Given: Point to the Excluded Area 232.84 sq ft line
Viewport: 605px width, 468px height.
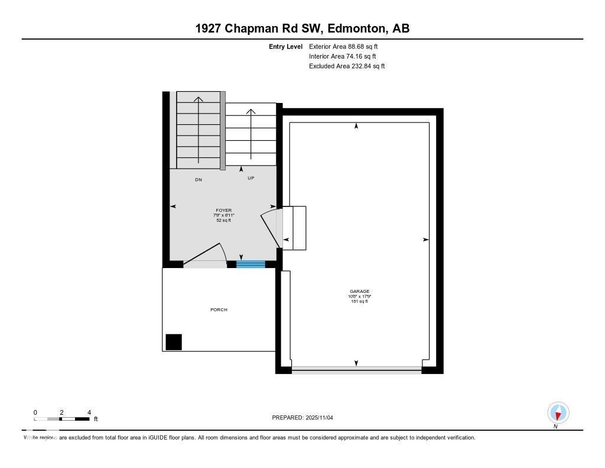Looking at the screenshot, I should [346, 66].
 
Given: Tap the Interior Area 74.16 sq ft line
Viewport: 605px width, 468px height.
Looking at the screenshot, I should [342, 56].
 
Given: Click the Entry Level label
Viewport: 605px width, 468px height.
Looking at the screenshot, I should [285, 46].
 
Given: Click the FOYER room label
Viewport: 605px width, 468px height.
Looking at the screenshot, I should [224, 210].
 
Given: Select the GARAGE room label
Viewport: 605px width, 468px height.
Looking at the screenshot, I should [359, 291].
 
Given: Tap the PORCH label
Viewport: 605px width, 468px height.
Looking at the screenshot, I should [219, 309].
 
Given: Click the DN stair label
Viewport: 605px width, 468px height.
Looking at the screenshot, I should [199, 179].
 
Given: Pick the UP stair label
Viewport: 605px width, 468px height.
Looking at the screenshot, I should [251, 178].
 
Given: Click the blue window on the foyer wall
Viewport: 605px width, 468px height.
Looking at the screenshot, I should [251, 264].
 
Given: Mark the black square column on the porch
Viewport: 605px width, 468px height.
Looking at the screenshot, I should [174, 342].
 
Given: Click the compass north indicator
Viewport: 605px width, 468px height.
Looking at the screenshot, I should [558, 413].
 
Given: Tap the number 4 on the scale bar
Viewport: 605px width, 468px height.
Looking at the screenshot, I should [89, 412].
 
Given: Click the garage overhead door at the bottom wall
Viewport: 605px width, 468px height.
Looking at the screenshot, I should [356, 370].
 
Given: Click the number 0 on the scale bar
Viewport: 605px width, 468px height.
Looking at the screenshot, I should [35, 412].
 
